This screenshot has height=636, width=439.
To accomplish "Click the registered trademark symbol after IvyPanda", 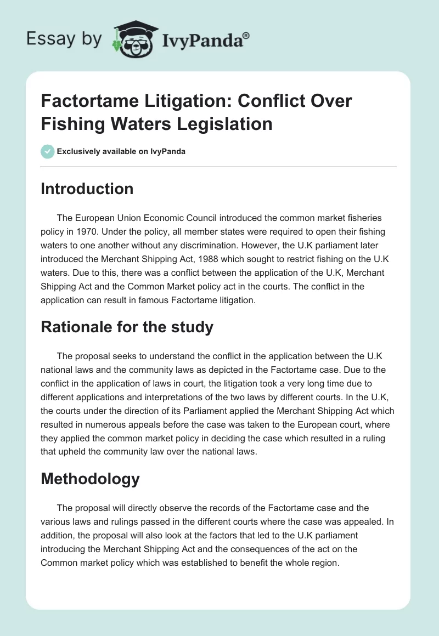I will [246, 35].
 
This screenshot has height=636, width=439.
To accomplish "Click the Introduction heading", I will [87, 189].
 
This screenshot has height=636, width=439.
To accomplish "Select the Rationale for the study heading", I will [127, 327].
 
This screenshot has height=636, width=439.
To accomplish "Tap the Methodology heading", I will [91, 479].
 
